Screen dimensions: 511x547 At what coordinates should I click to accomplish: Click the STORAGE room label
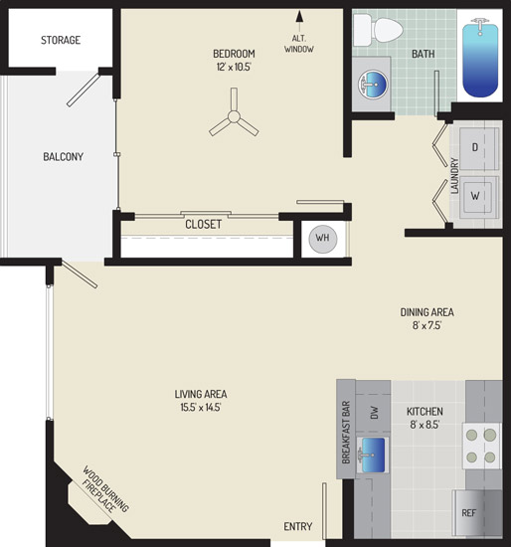pos(61,40)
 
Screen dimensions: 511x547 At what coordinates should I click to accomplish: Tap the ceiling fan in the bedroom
pos(234,116)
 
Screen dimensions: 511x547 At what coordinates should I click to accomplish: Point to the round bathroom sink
pos(373,85)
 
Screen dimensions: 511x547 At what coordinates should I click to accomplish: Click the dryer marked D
pos(478,148)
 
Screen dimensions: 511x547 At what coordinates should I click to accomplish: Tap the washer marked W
pos(478,197)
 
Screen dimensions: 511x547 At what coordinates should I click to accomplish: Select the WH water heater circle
pos(323,239)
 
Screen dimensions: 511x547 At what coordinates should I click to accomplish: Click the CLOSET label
pos(204,225)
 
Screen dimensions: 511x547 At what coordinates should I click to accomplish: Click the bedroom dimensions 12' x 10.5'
pos(234,67)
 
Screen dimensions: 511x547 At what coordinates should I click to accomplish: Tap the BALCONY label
pos(64,156)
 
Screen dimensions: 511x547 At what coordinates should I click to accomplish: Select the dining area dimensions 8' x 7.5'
pos(426,325)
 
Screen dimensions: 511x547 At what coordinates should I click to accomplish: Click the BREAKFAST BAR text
pos(346,433)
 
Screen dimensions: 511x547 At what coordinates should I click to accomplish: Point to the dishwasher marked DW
pos(374,413)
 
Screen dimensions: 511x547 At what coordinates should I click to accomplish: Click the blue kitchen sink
pos(373,456)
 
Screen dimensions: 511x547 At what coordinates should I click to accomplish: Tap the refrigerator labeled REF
pos(469,513)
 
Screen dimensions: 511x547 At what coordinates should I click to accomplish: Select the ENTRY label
pos(298,526)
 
